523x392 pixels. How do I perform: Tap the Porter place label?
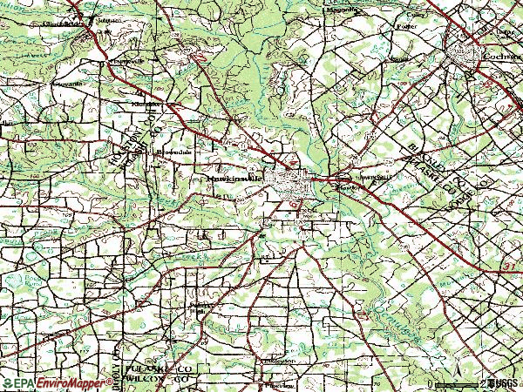point(404,26)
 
